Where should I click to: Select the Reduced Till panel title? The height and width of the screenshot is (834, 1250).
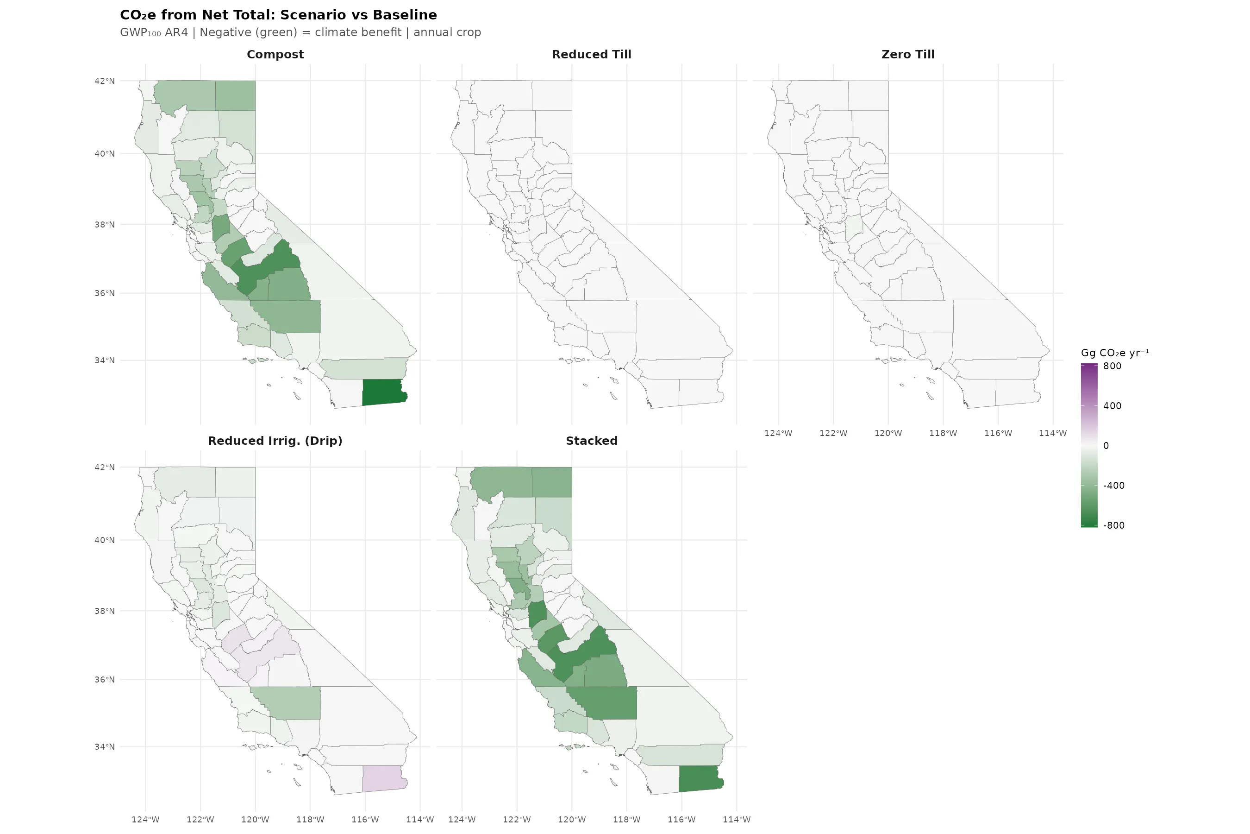click(x=591, y=54)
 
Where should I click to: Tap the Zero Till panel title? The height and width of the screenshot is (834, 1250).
click(x=907, y=54)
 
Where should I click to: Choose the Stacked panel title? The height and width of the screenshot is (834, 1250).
click(x=591, y=441)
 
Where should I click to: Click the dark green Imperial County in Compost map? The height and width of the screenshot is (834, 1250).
click(x=383, y=392)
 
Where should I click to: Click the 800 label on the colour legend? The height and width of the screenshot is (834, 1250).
click(x=1112, y=366)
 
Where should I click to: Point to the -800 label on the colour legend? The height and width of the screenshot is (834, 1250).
click(x=1113, y=525)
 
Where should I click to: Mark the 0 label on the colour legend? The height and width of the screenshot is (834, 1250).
click(x=1106, y=446)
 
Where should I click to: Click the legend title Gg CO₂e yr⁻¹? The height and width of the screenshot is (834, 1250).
click(x=1114, y=353)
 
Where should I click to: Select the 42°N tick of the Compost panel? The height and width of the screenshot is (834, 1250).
click(x=105, y=81)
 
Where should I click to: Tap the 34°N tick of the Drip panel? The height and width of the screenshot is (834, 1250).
click(x=105, y=747)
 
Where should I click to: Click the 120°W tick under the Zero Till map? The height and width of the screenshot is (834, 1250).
click(x=888, y=433)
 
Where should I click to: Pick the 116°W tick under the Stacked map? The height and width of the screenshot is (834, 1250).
click(x=681, y=820)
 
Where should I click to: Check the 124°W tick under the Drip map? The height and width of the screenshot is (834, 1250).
click(x=146, y=820)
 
